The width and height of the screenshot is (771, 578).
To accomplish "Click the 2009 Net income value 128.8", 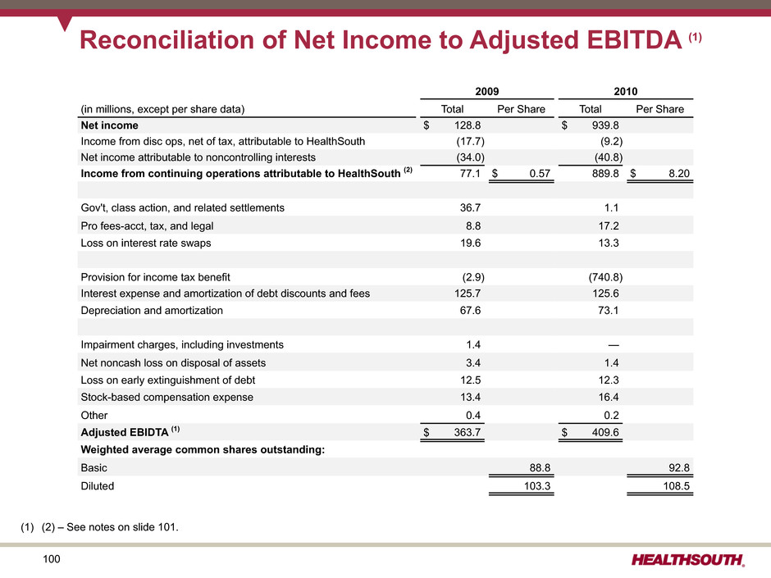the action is tap(468, 125).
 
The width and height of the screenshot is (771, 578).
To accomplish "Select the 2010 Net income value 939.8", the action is tap(605, 125).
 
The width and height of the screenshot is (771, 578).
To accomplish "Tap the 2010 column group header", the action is tap(626, 92).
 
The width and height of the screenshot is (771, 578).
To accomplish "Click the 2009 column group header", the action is tap(486, 92).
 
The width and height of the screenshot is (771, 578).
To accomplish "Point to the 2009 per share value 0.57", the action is tap(540, 174).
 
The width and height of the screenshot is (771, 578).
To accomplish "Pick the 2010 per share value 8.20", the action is tap(679, 174).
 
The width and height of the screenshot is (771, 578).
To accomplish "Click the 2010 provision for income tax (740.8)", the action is tap(605, 277).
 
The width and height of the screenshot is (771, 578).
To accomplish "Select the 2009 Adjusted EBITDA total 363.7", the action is tap(468, 433).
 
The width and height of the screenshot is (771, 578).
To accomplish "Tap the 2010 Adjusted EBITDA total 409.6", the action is tap(605, 433).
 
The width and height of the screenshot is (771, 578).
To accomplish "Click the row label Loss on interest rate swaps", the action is tap(145, 243).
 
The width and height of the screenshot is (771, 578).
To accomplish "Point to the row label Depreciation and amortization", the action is tap(152, 311).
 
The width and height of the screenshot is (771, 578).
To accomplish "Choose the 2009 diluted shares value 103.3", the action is tap(537, 486).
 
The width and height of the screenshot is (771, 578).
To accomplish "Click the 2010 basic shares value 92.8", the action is tap(679, 468).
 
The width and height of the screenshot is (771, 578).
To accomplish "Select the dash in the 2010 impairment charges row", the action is tap(614, 345).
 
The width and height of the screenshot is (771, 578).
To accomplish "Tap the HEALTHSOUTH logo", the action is tap(688, 560).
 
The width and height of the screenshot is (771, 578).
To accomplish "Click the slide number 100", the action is tap(52, 559).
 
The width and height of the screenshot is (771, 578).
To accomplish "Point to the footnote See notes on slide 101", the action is tap(122, 527).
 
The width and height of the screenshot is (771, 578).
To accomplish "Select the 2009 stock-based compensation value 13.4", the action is tap(471, 397).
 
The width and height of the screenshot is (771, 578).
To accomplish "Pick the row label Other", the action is tap(94, 416).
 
